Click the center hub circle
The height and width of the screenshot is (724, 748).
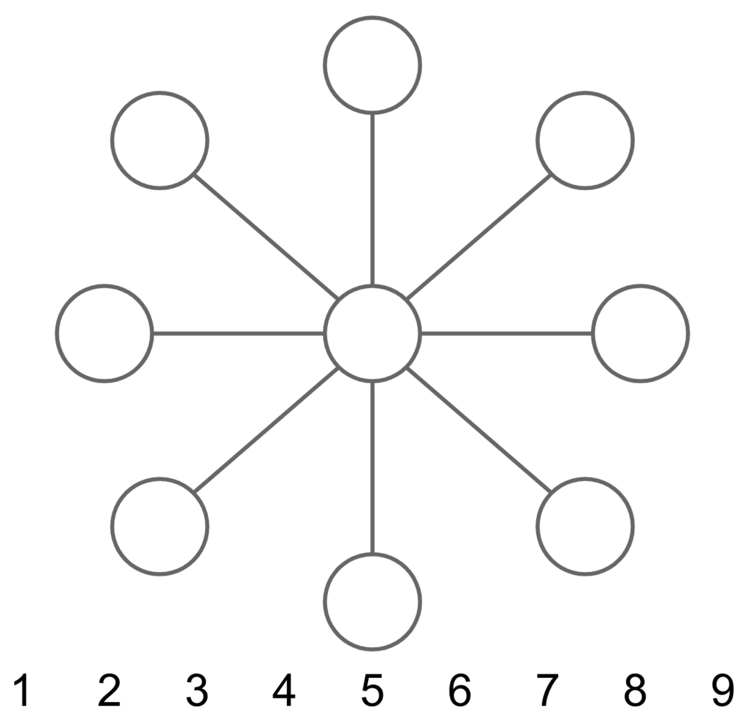tap(373, 287)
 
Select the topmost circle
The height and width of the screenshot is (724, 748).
tap(373, 18)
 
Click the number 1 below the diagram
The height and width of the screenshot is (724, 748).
tap(22, 690)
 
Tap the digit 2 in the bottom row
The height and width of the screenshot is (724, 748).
tap(110, 690)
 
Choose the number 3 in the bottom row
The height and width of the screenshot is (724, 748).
tap(197, 690)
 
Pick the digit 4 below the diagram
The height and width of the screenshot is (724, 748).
tap(284, 690)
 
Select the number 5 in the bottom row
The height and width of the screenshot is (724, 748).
tap(373, 690)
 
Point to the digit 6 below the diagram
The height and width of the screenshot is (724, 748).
tap(460, 690)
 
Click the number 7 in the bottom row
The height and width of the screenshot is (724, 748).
tap(547, 690)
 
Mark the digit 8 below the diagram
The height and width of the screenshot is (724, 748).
tap(635, 690)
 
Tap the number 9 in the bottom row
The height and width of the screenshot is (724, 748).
tap(722, 690)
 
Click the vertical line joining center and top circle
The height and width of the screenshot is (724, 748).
tap(373, 200)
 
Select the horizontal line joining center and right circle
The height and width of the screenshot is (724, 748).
tap(507, 333)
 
